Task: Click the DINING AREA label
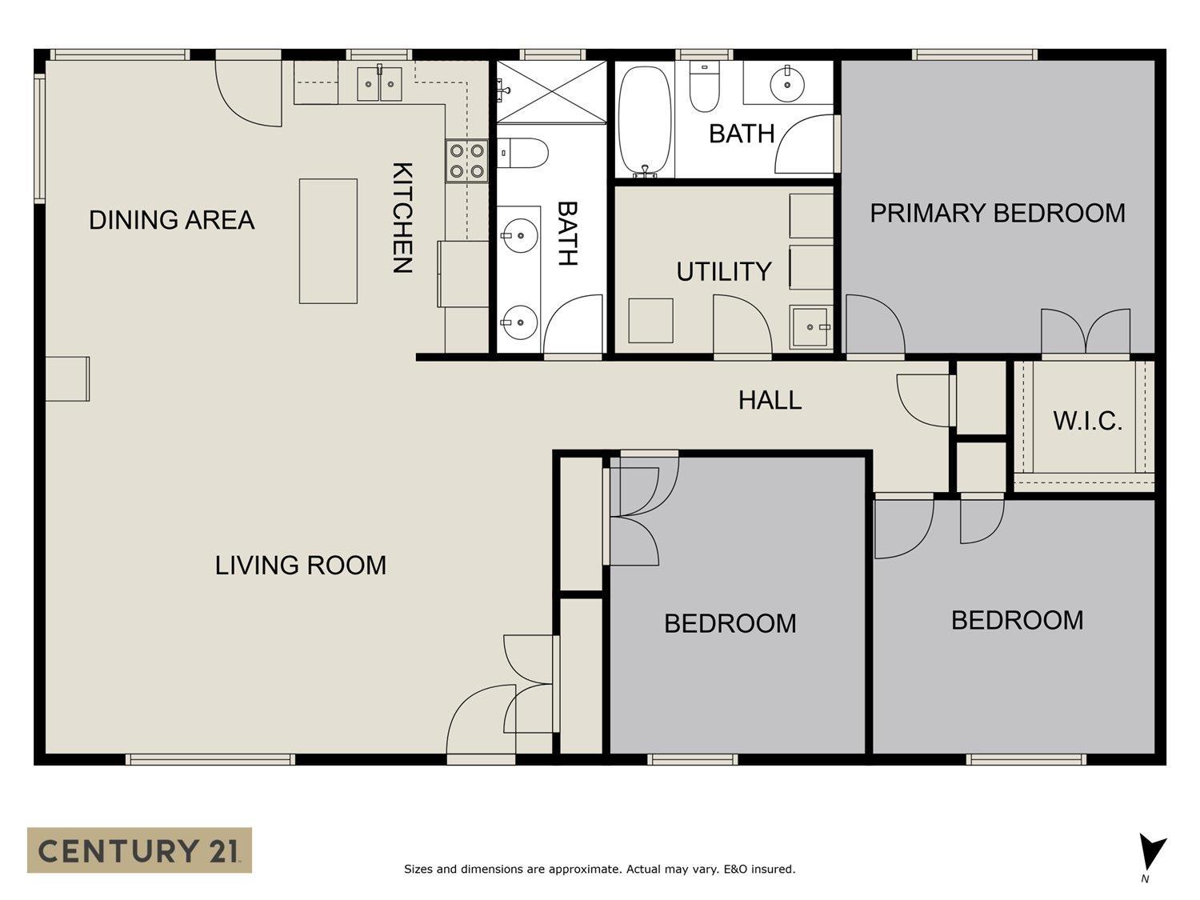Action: pyautogui.click(x=172, y=220)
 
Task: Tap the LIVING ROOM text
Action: pyautogui.click(x=301, y=565)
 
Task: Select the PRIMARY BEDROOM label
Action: pyautogui.click(x=998, y=213)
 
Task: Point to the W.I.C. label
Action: pyautogui.click(x=1087, y=421)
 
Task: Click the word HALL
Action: pyautogui.click(x=770, y=401)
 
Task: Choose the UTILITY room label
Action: pyautogui.click(x=724, y=271)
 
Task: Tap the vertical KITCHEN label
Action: pyautogui.click(x=403, y=218)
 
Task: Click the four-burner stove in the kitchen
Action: pyautogui.click(x=466, y=162)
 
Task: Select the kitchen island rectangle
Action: pyautogui.click(x=328, y=241)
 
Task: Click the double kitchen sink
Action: pyautogui.click(x=379, y=84)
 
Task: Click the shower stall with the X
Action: pyautogui.click(x=551, y=91)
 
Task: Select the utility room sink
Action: pyautogui.click(x=810, y=326)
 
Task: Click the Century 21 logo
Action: pyautogui.click(x=139, y=850)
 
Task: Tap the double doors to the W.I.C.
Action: pyautogui.click(x=1085, y=332)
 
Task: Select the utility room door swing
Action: pyautogui.click(x=742, y=324)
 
